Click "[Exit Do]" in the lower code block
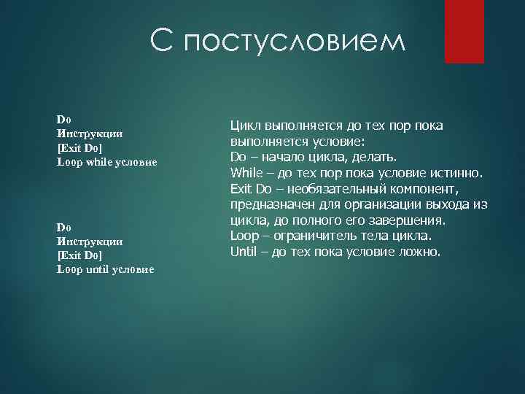click(79, 255)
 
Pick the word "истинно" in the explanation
click(456, 173)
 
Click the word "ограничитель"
click(314, 236)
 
